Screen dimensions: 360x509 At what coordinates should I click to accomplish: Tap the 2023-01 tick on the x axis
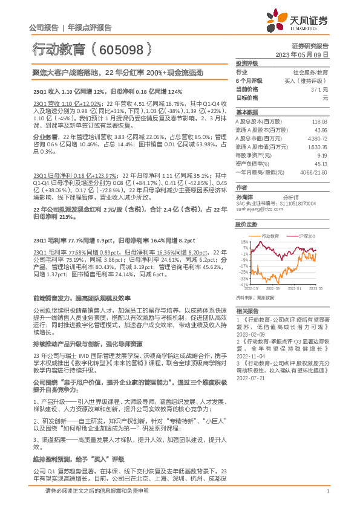point(293,290)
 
